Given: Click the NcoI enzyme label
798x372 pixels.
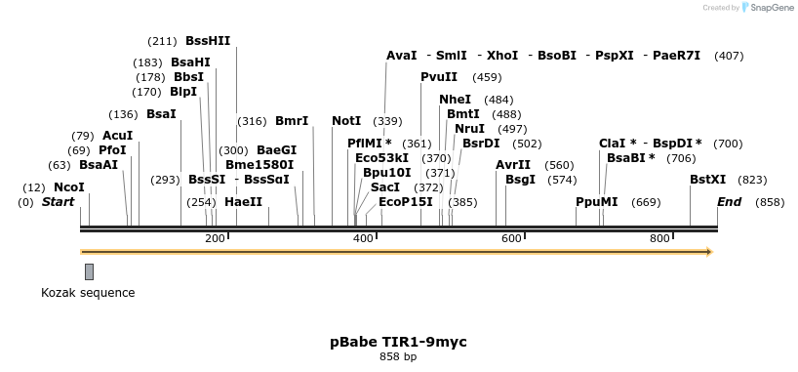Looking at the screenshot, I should (69, 186).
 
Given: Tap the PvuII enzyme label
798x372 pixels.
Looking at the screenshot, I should (439, 77).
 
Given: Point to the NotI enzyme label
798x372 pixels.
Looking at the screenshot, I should (346, 121).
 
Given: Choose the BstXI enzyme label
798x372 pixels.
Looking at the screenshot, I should (708, 180).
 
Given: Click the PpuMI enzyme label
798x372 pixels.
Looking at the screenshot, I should (597, 202).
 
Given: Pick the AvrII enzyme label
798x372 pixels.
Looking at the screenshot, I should (513, 165).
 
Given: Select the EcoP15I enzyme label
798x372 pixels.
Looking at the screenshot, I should (406, 202).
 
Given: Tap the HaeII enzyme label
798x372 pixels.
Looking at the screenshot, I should (244, 202).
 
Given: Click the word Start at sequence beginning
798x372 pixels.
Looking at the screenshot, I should (59, 202).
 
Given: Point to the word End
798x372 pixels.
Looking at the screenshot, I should (729, 202).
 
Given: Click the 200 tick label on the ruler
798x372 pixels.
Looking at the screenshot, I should (215, 239).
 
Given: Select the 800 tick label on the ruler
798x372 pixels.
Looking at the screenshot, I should (659, 239).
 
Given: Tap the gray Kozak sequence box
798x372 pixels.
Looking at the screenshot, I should (89, 271).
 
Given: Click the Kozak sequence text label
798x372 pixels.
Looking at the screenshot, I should (88, 293).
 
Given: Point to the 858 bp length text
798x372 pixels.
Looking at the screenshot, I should (398, 357).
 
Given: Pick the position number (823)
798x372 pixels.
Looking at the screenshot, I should (753, 180).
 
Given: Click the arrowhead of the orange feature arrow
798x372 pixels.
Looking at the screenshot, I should (709, 252).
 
